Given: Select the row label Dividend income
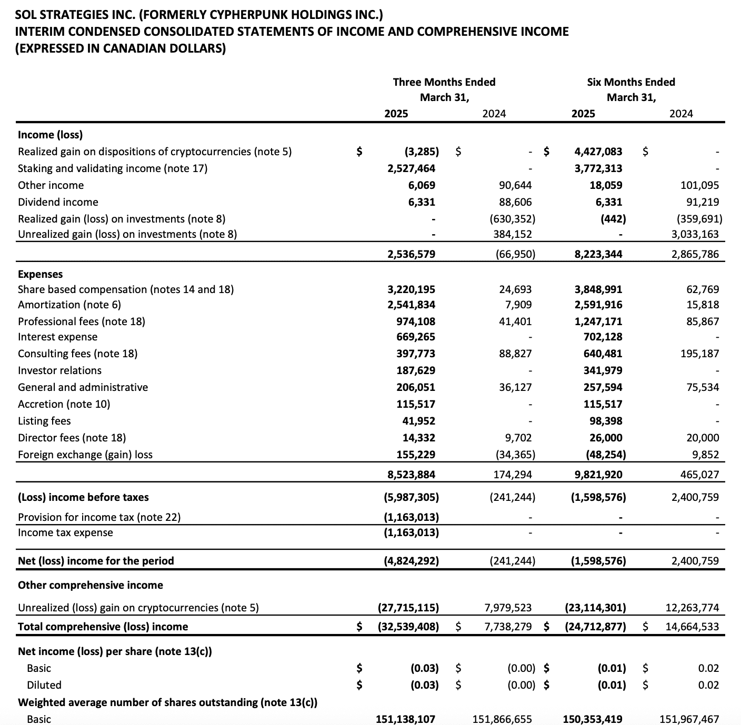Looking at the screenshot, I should coord(58,202).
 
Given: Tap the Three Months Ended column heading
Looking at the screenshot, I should coord(444,82).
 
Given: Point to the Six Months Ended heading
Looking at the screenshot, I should coord(630,82).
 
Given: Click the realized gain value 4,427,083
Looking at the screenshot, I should coord(598,152).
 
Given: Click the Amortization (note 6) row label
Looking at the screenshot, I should coord(69,305).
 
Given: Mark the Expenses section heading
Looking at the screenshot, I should coord(40,274).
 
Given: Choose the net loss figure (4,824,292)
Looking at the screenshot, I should coord(411,561).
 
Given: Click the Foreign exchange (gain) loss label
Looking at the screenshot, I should coord(85,455).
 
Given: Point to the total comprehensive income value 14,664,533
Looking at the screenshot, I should coord(692,627).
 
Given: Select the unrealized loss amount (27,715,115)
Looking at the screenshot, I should coord(408,608).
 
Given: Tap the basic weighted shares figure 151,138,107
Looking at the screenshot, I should coord(405,719).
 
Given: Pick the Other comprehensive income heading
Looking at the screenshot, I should coord(90,585).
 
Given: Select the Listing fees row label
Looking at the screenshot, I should coord(44,421).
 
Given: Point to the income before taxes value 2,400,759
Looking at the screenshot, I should coord(695,497).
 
